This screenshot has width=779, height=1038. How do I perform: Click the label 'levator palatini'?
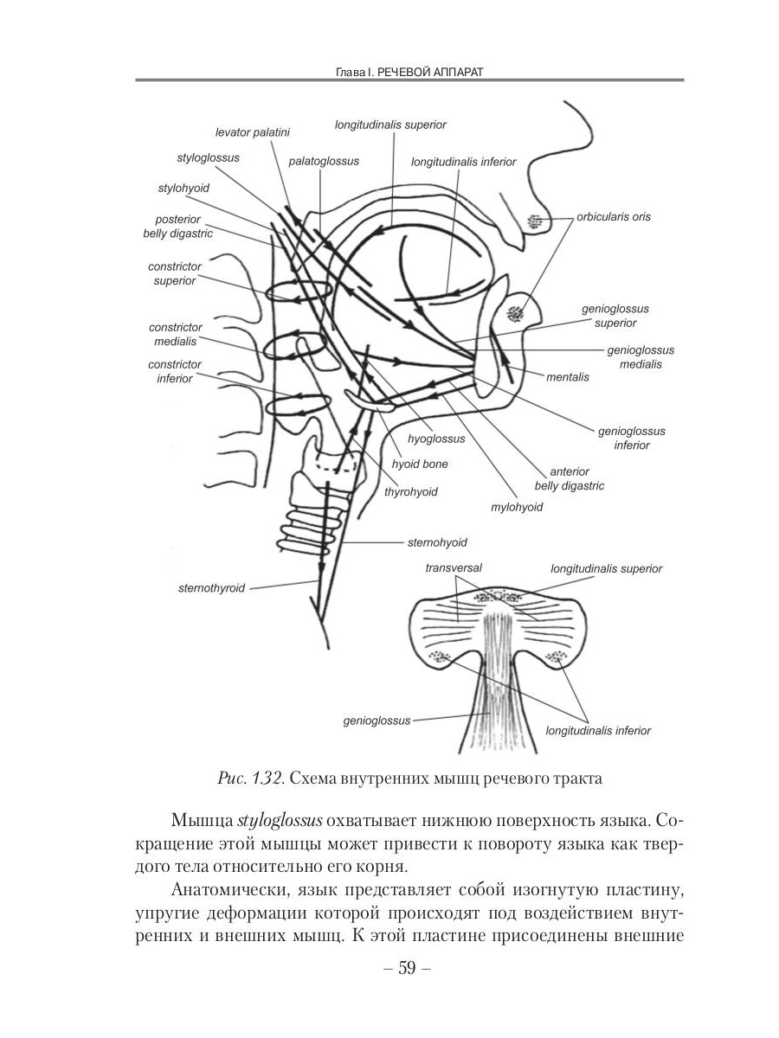(x=252, y=132)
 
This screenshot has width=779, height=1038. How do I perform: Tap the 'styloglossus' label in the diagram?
(x=208, y=158)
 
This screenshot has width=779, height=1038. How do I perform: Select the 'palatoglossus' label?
(x=324, y=161)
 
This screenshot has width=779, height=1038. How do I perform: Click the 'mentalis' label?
(x=567, y=377)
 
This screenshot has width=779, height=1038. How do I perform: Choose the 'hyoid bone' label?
(x=420, y=465)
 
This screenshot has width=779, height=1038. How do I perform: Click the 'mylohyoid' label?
(x=516, y=507)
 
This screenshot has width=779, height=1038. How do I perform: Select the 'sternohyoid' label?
(x=437, y=542)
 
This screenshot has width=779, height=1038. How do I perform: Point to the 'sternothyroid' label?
(x=211, y=588)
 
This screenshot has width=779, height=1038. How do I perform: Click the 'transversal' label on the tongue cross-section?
(x=454, y=568)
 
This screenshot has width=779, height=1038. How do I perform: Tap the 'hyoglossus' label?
(x=436, y=439)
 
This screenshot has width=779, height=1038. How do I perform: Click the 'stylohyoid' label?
(x=183, y=187)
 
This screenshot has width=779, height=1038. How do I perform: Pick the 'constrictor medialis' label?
(x=176, y=334)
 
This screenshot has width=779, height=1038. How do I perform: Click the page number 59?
(x=406, y=970)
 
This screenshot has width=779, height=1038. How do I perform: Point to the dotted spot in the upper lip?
(x=534, y=222)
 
